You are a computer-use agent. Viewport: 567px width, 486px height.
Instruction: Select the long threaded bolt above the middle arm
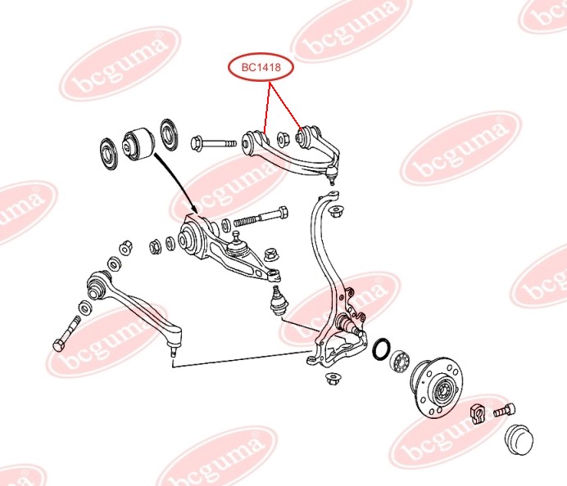click(261, 218)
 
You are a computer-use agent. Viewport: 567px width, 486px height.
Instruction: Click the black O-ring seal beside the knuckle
click(381, 349)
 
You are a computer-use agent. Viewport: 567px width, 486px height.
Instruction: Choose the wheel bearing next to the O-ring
click(401, 359)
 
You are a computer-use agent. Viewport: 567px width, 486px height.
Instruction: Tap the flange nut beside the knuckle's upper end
click(334, 211)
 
